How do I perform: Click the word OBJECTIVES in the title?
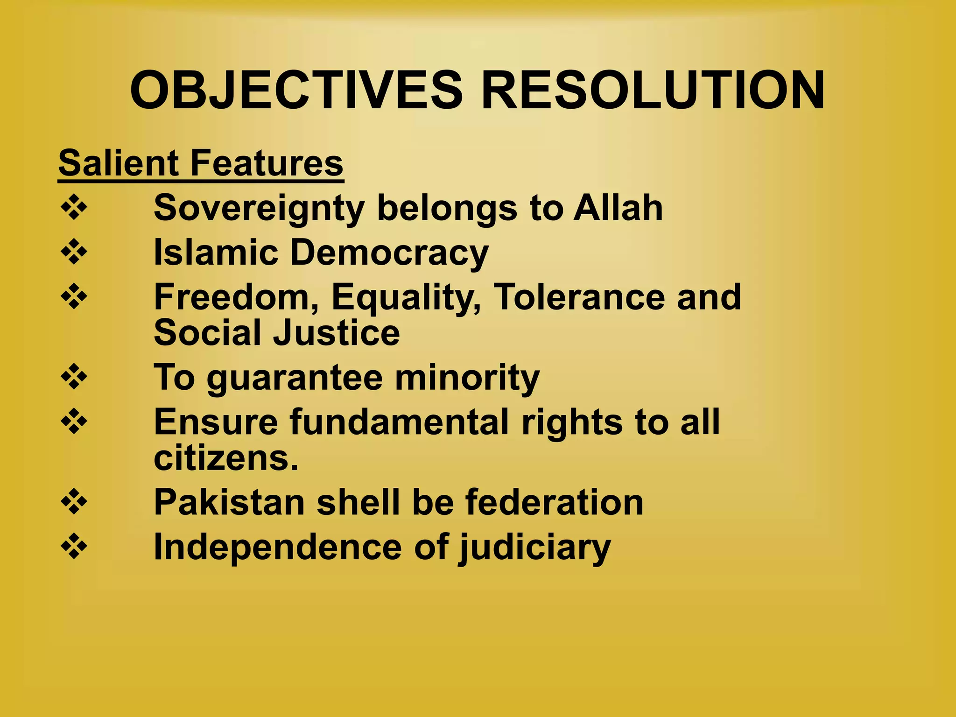coord(296,91)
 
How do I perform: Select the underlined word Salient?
coord(119,163)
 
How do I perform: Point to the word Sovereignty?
coord(259,209)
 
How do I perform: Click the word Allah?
coord(618,208)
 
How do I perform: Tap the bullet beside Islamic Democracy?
coord(74,252)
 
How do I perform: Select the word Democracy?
coord(389,253)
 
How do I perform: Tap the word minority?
coord(467,378)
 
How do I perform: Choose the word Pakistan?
coord(229,502)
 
